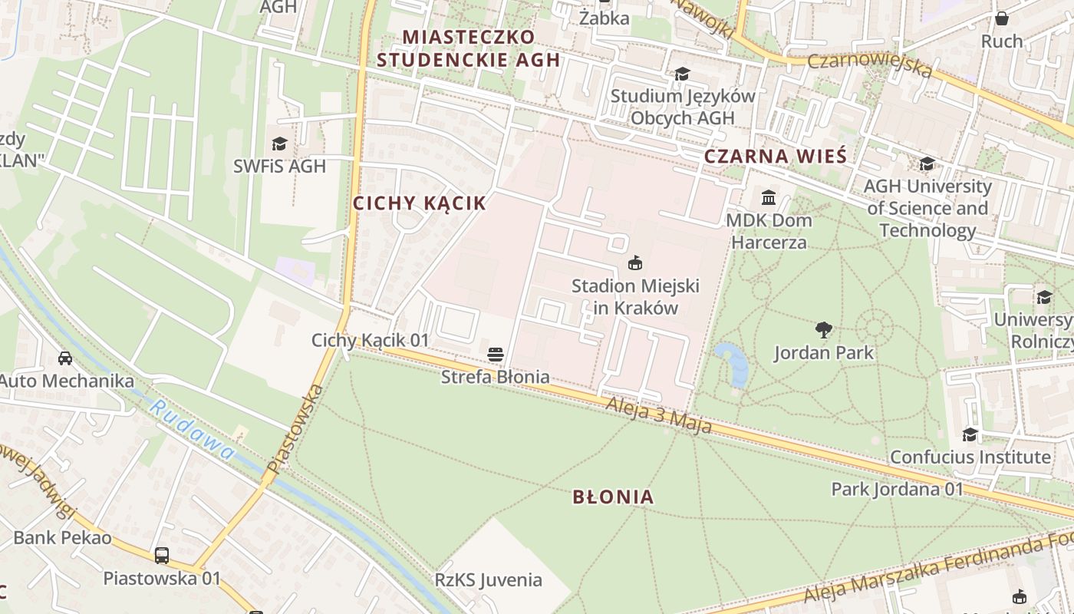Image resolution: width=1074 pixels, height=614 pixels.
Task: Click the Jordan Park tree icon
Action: tap(824, 330)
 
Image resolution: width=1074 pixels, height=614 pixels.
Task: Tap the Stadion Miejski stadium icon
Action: tap(635, 263)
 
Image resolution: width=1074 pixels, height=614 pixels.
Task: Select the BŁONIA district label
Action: tap(613, 497)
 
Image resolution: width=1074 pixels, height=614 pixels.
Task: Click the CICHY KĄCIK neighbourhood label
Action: tap(419, 203)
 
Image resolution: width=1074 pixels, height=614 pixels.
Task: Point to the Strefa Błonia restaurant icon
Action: tap(496, 355)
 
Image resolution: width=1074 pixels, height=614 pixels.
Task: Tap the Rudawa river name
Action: tap(192, 431)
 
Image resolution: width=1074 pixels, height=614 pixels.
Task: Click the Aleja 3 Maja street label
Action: tap(659, 415)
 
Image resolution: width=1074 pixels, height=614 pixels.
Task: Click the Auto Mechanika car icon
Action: tap(65, 358)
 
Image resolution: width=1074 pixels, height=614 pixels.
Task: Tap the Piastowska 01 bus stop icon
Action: tap(161, 555)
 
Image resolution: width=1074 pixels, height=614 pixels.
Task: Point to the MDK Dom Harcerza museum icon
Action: tap(769, 198)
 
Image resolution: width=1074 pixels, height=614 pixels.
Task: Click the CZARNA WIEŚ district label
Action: tap(775, 157)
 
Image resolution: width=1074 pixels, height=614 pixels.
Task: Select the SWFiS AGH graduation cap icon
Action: tap(279, 144)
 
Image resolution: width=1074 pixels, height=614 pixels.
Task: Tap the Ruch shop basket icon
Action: tap(1001, 18)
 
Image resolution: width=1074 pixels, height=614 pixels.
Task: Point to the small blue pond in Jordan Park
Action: tap(732, 363)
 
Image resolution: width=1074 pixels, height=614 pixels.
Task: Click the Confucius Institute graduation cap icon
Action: tap(970, 435)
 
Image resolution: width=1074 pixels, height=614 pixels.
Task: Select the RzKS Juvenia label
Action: tap(489, 580)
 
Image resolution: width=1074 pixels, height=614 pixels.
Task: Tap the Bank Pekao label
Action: tap(62, 537)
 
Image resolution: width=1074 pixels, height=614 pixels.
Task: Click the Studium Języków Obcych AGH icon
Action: tap(681, 74)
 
